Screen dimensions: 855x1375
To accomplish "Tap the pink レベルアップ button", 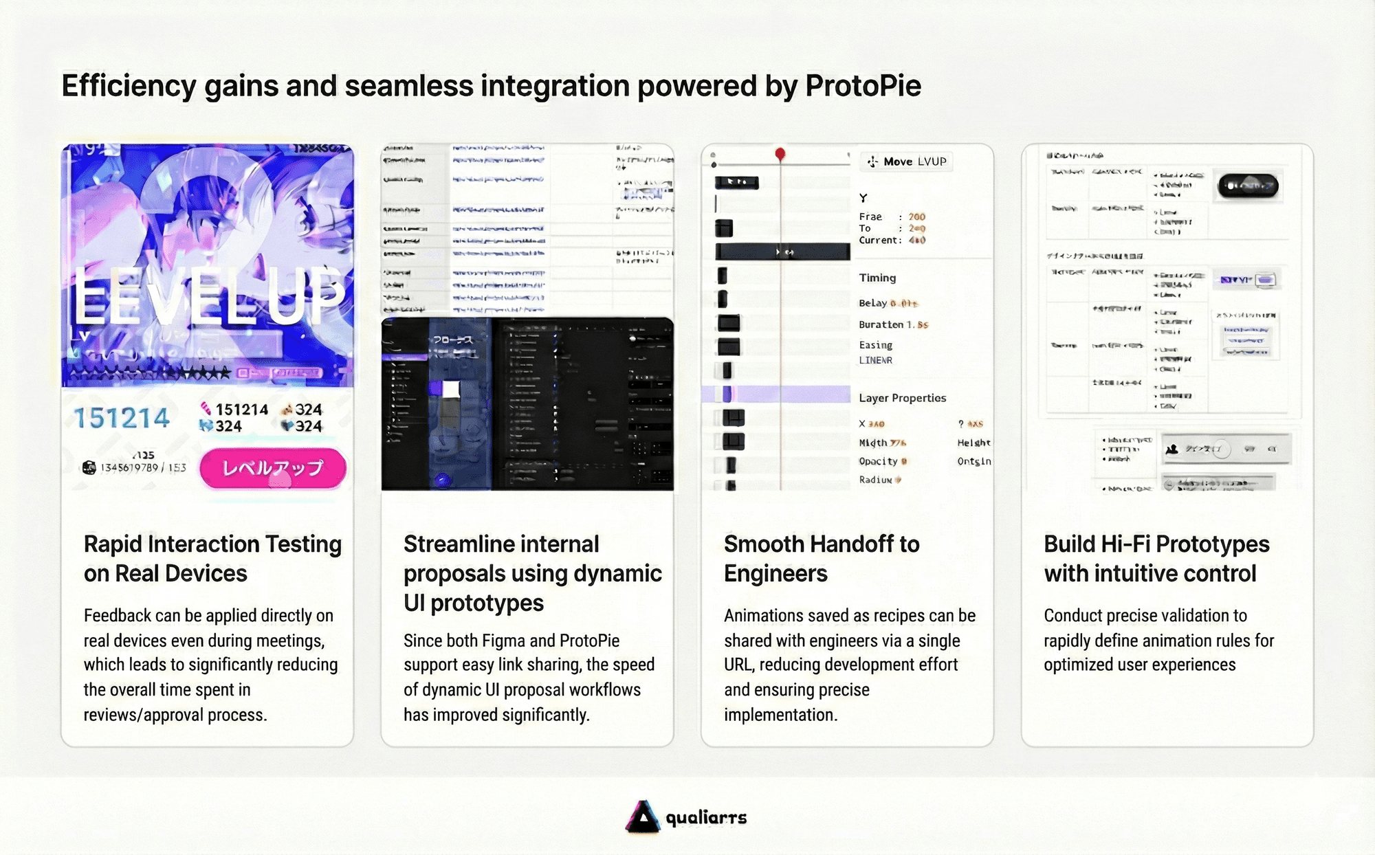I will click(x=273, y=468).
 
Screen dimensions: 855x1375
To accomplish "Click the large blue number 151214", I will click(x=122, y=418).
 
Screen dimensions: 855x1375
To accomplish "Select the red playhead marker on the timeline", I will click(x=780, y=154).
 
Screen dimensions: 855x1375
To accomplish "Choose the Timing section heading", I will click(x=877, y=278).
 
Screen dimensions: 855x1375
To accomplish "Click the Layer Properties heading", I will click(x=902, y=398).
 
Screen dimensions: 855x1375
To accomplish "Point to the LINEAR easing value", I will click(x=875, y=360).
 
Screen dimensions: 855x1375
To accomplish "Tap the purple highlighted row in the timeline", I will click(x=777, y=395).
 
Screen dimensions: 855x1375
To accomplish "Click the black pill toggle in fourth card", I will click(x=1247, y=186).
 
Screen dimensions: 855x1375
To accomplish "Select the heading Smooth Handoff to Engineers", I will click(x=821, y=558).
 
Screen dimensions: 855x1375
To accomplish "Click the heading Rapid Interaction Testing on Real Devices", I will click(x=212, y=558).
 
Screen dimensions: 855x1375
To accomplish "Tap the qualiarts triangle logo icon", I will click(x=643, y=817).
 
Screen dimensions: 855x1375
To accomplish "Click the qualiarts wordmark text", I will click(x=706, y=817).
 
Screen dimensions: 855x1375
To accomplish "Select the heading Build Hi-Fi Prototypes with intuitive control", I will click(x=1156, y=558).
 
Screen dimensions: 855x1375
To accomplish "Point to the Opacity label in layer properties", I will click(x=878, y=461).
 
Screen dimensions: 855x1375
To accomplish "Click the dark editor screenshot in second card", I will click(x=527, y=404).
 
